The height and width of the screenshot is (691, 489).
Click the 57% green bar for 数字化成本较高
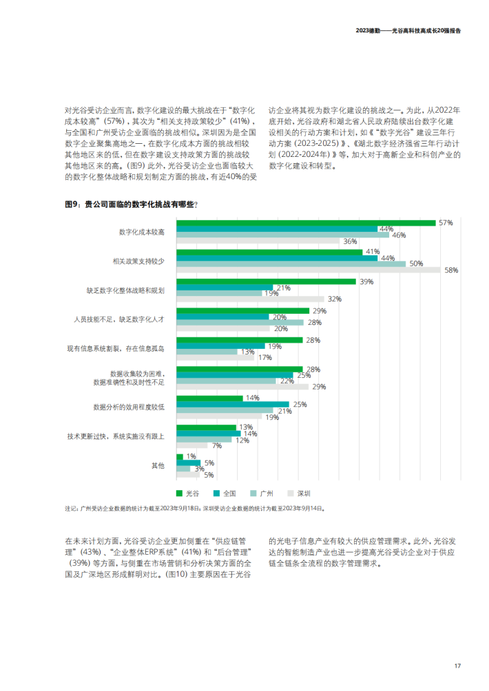306,223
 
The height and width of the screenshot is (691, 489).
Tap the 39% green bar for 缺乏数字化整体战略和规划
266,281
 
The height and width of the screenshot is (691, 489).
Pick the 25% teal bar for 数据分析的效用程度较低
233,404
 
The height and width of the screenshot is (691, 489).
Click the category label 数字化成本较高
142,232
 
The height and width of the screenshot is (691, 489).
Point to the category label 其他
158,465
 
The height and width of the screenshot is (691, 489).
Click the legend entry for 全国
225,493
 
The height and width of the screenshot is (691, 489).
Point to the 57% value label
446,223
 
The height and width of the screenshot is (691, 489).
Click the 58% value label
451,270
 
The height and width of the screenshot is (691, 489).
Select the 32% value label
335,299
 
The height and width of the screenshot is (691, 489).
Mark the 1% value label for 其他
191,456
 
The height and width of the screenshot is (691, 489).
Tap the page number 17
457,665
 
